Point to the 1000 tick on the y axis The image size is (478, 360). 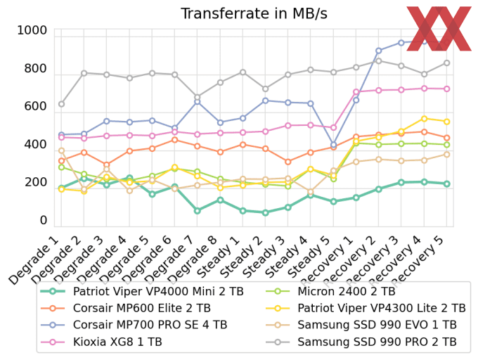coord(32,30)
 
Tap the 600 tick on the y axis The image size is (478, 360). coord(35,106)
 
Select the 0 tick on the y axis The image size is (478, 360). coord(43,220)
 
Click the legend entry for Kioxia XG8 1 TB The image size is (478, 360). coord(117,342)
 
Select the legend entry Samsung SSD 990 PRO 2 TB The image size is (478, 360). coord(376,342)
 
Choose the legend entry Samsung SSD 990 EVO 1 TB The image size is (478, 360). coord(376,325)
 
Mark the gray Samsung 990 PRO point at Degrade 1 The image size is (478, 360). coord(61,104)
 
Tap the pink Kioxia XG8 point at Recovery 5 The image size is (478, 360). coord(446,89)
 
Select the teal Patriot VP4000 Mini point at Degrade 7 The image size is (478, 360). coord(197,210)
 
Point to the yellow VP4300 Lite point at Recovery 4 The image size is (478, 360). coord(424,118)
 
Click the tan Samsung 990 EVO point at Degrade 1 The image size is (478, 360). coord(61,150)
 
